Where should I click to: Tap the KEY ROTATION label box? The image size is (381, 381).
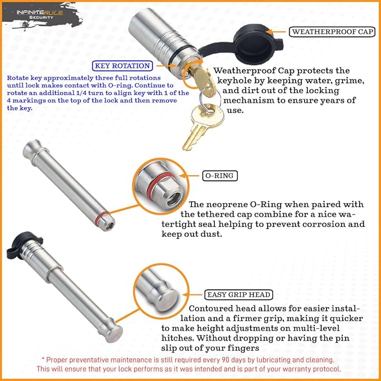[122, 66]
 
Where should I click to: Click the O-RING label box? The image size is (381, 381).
[219, 176]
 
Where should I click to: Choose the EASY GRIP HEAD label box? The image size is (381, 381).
[239, 294]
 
